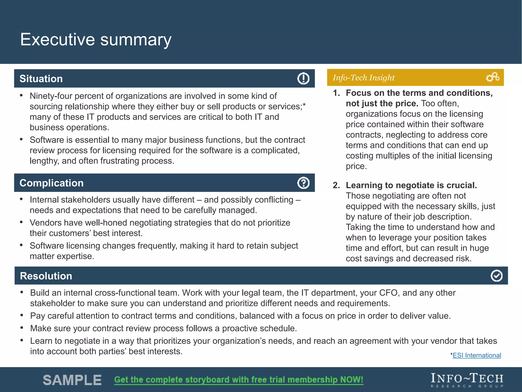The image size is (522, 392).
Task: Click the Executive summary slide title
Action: (96, 40)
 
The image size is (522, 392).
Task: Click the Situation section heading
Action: (41, 79)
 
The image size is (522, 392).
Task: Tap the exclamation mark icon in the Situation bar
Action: (303, 78)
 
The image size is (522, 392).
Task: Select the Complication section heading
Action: (51, 183)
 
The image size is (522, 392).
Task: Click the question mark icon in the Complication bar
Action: (303, 183)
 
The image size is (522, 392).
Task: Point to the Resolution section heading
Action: (46, 276)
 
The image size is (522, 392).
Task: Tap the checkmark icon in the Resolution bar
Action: (496, 276)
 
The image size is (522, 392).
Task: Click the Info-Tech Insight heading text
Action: (363, 78)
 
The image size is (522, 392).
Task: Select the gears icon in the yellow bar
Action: (492, 77)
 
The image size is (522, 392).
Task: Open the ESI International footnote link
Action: (477, 355)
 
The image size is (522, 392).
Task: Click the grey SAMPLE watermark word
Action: (72, 380)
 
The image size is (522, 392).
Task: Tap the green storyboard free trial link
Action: (239, 379)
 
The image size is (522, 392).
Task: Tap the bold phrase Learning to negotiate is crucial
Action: (411, 185)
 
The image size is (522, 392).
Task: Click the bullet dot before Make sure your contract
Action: (22, 328)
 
